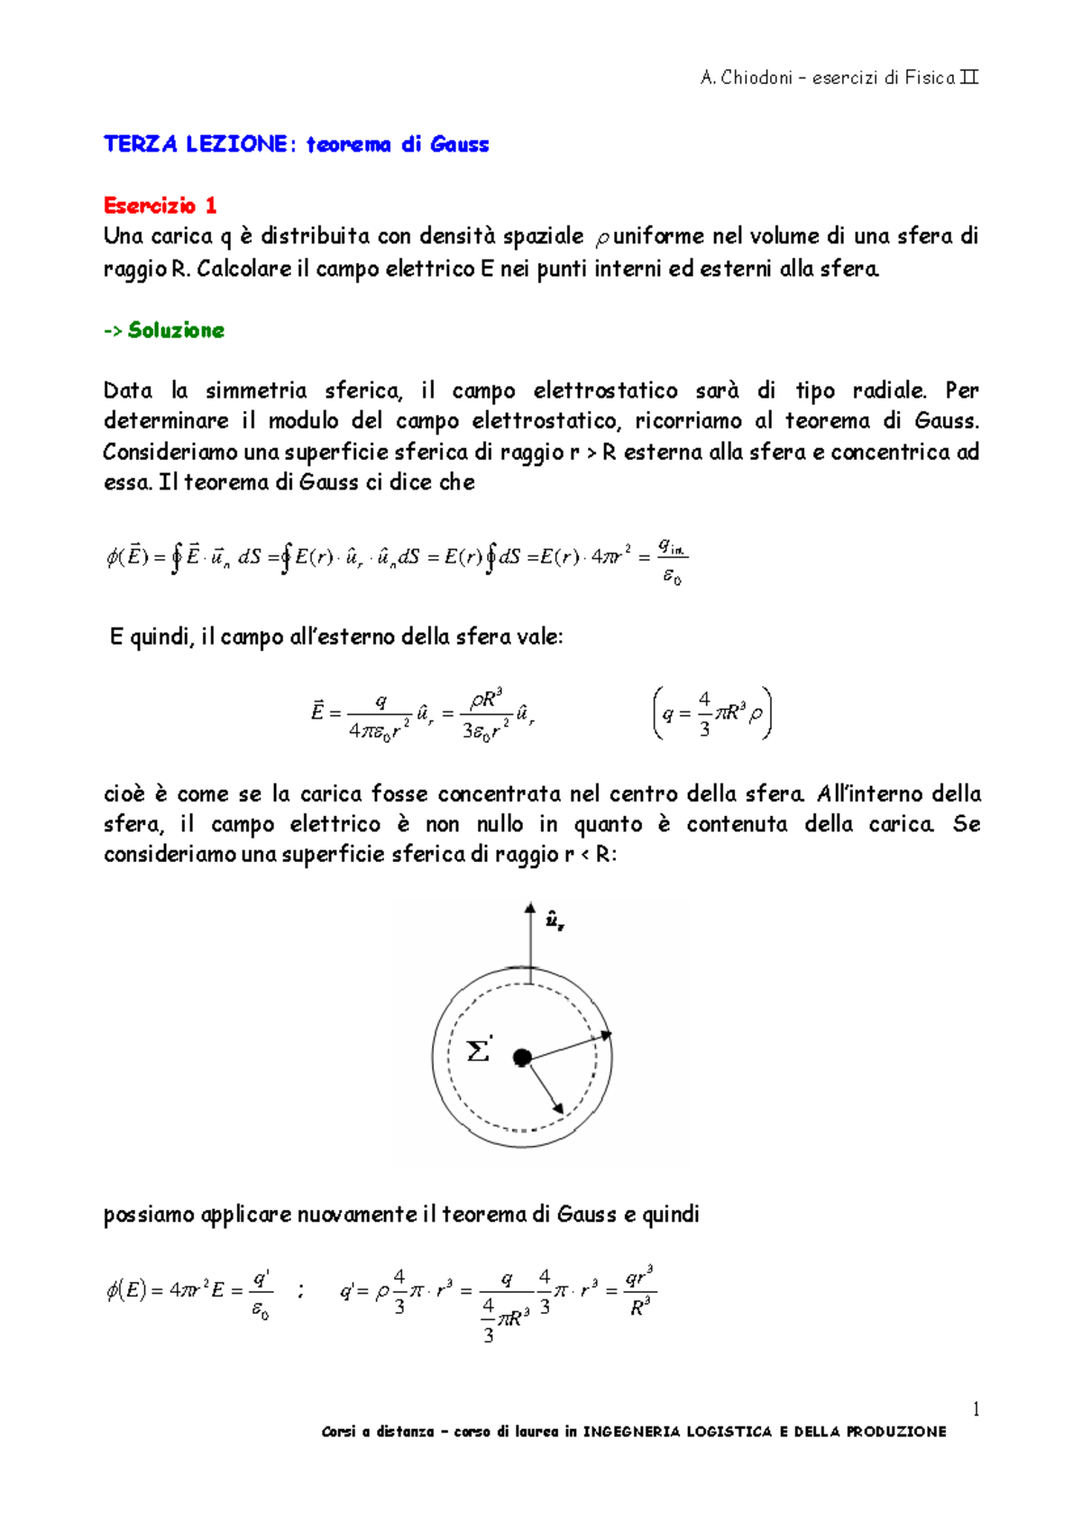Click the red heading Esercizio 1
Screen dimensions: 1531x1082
pos(160,206)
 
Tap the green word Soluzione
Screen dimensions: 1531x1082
pos(176,330)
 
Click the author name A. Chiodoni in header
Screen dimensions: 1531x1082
pos(746,78)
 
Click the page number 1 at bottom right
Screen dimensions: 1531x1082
pos(975,1409)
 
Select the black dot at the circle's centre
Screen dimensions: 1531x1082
pos(521,1058)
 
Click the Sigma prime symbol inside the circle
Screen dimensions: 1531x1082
pos(479,1050)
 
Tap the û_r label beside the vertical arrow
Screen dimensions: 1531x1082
pos(555,921)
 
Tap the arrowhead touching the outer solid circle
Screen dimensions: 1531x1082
pos(606,1035)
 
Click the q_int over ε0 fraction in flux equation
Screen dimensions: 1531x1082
pos(672,561)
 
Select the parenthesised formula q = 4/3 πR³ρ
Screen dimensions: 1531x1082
pos(711,713)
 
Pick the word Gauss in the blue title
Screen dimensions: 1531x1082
pos(459,145)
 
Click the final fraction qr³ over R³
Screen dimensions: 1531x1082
pos(639,1291)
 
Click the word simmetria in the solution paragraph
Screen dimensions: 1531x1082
pos(255,390)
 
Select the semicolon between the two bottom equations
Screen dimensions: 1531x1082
pos(300,1292)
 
